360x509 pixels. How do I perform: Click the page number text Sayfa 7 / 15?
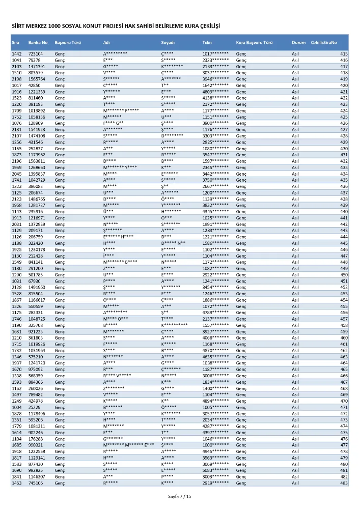pyautogui.click(x=180, y=496)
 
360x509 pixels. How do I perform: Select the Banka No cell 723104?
pyautogui.click(x=36, y=54)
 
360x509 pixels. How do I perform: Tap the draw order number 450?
pyautogui.click(x=344, y=275)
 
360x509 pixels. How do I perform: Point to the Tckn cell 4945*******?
pyautogui.click(x=215, y=451)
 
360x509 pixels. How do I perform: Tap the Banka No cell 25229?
pyautogui.click(x=34, y=407)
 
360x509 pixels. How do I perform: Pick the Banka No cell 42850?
pyautogui.click(x=34, y=86)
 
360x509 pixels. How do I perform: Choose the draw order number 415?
pyautogui.click(x=344, y=54)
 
